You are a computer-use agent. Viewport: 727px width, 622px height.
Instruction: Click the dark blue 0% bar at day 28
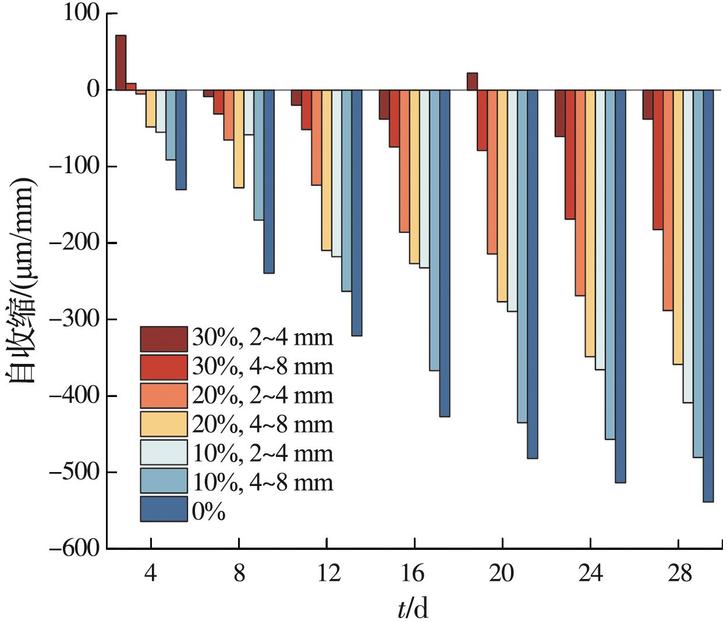(708, 295)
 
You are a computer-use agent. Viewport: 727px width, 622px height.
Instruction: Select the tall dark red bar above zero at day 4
(120, 63)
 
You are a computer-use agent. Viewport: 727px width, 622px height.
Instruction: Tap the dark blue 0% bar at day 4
(181, 140)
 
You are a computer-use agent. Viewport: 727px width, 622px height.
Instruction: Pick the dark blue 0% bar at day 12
(357, 213)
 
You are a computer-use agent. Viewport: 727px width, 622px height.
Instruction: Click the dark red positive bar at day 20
(472, 81)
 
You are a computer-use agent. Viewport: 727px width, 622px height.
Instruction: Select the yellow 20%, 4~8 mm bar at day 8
(239, 139)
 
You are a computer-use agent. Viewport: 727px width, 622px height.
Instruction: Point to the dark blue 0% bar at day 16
(445, 253)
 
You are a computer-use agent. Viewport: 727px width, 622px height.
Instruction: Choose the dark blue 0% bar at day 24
(620, 286)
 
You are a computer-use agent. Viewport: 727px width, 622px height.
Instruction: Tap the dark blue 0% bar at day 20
(533, 274)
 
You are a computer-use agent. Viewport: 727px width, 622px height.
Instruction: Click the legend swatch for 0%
(164, 509)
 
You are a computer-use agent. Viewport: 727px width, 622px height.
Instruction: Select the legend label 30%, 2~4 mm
(262, 338)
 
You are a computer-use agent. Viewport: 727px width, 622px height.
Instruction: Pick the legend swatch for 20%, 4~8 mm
(164, 424)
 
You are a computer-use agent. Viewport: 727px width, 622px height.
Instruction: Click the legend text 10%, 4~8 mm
(262, 482)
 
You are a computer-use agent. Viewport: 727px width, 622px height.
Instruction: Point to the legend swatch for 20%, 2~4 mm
(164, 395)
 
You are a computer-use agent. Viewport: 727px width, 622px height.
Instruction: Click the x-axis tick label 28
(679, 574)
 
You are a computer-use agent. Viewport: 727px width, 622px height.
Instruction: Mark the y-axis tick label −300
(75, 320)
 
